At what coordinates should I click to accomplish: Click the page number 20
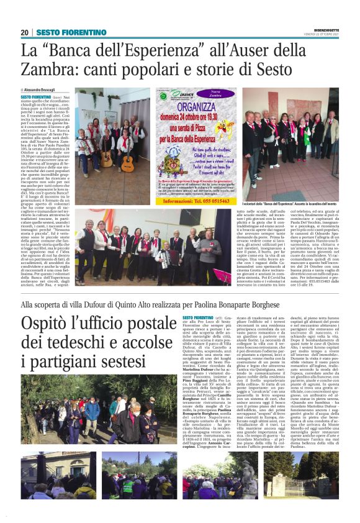[24, 32]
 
